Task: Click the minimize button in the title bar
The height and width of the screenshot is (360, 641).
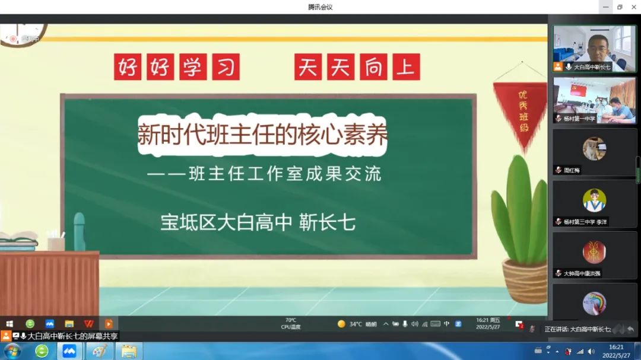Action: (605, 7)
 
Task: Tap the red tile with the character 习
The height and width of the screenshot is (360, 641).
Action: (225, 67)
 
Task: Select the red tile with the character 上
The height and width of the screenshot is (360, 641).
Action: (406, 67)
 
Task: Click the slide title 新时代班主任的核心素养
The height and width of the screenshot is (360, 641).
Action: (262, 135)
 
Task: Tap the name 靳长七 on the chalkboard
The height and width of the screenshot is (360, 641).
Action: (327, 222)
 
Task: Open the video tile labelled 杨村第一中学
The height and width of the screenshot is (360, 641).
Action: (594, 100)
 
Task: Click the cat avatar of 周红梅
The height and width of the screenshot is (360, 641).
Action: (594, 149)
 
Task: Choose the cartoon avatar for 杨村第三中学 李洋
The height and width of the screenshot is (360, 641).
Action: (594, 200)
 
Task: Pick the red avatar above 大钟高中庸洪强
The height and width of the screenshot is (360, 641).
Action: (594, 252)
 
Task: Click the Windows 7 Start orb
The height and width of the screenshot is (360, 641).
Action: (12, 351)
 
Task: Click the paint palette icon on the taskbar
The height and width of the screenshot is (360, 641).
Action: (99, 351)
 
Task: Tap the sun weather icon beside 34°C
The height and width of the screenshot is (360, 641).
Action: (341, 324)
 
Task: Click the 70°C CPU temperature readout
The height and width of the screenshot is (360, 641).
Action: (290, 324)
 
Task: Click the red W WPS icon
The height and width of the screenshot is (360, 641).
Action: (89, 324)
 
